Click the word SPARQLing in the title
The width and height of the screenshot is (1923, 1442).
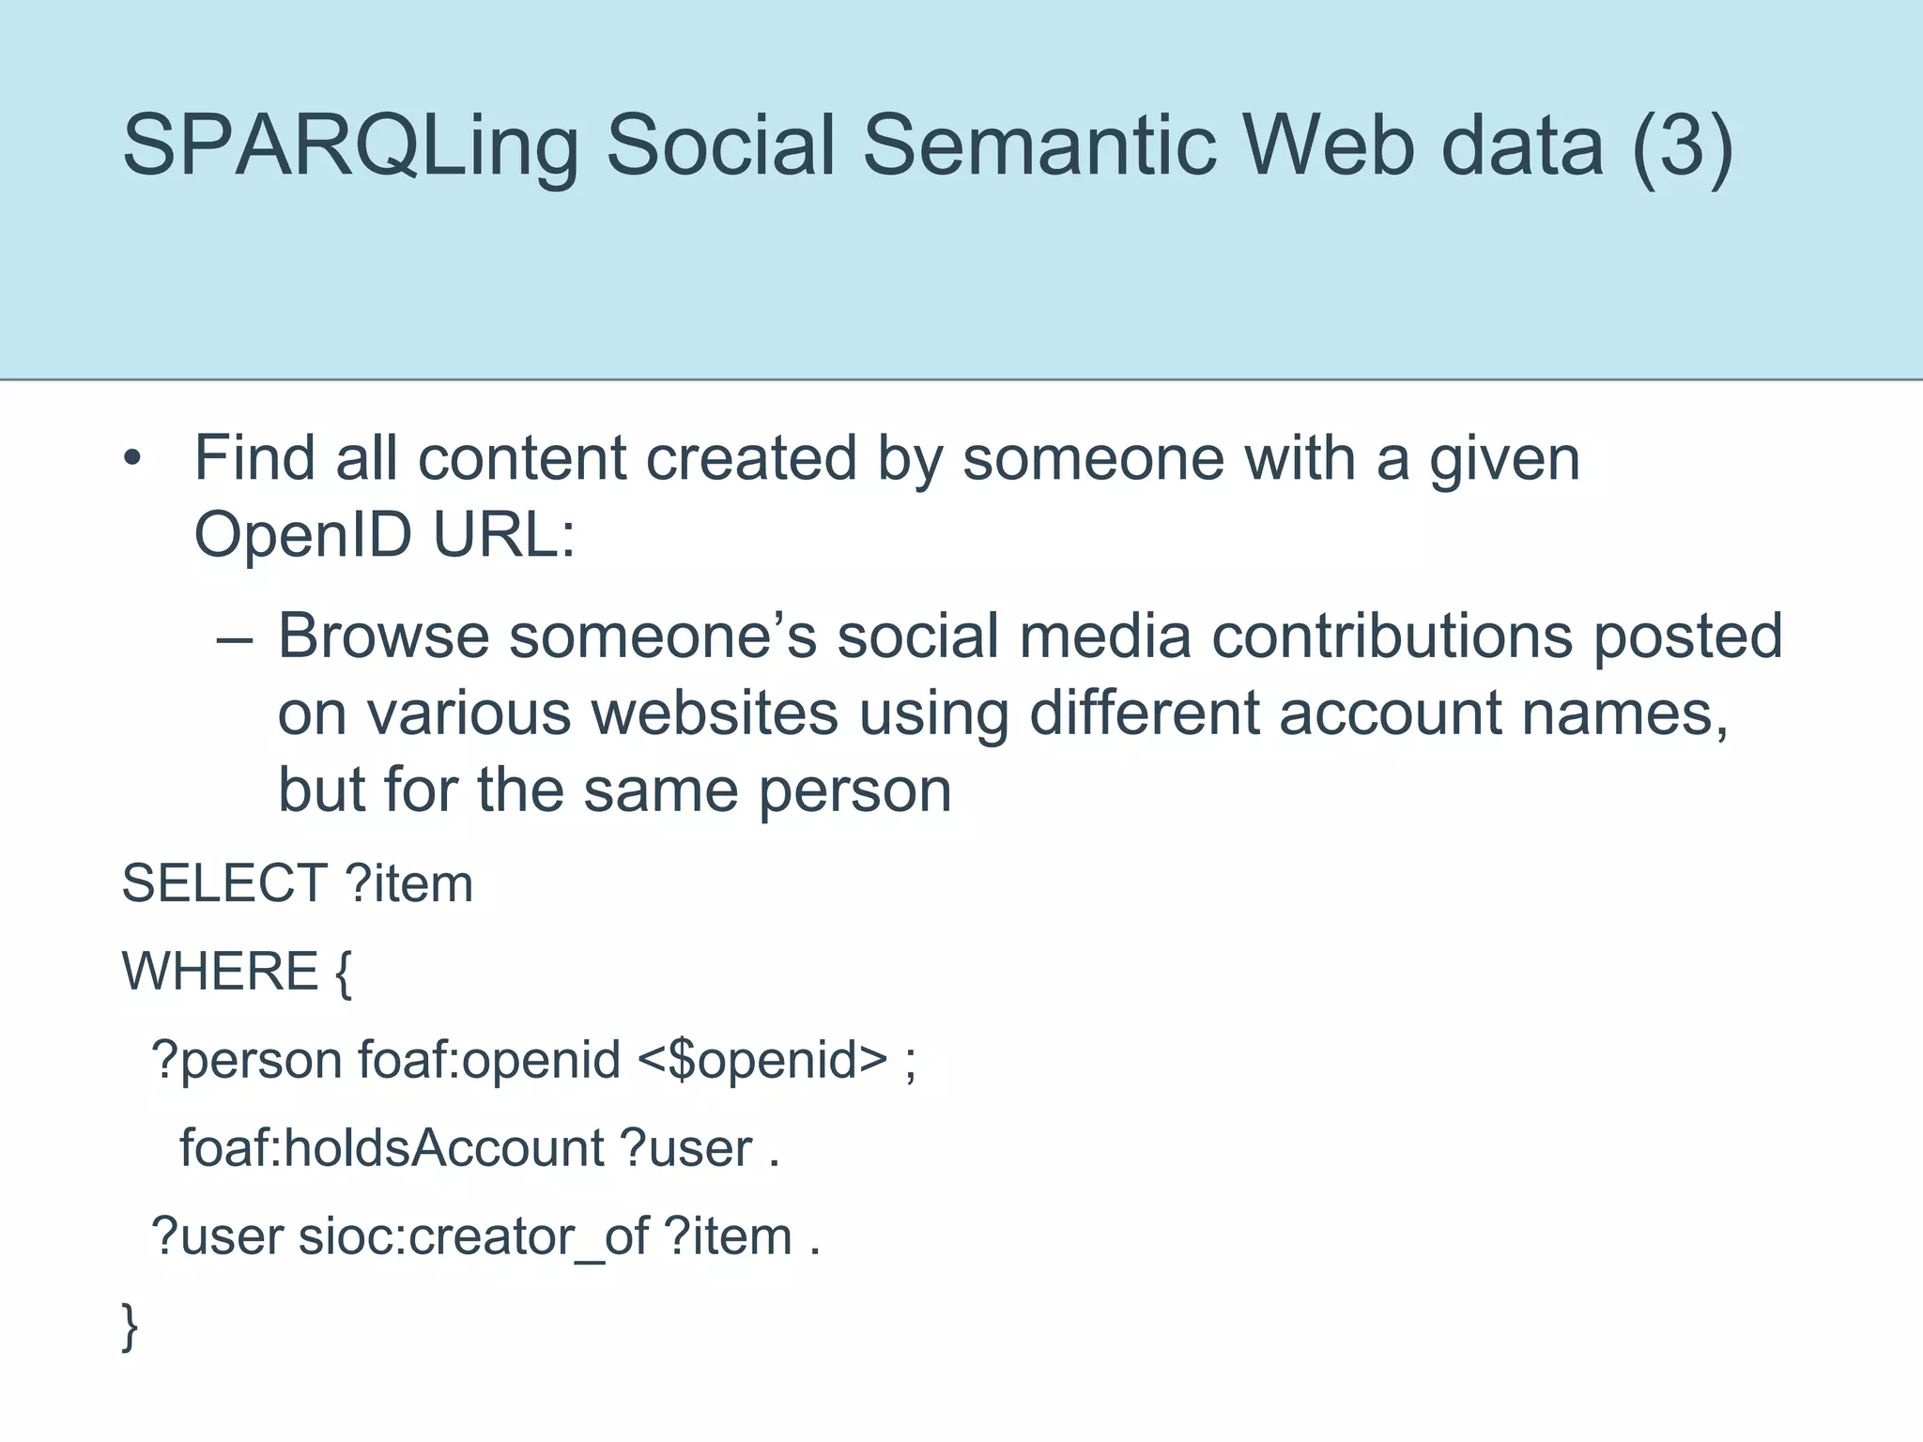(349, 146)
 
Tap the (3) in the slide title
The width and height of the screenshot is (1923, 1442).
(1682, 146)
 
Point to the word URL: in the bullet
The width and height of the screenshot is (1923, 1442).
(503, 534)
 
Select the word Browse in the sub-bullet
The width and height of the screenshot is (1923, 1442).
(383, 636)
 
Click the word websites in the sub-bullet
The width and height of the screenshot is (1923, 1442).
(714, 713)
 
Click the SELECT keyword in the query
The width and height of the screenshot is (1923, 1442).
(224, 883)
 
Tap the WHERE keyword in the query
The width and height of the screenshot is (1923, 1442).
(221, 971)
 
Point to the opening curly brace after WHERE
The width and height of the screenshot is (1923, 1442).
(343, 973)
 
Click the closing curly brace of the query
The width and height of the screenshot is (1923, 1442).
(131, 1326)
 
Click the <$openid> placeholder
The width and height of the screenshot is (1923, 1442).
(762, 1060)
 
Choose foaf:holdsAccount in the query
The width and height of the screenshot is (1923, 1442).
(392, 1148)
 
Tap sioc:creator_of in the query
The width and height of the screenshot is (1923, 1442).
(473, 1236)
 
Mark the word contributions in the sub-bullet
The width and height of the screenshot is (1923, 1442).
(1392, 636)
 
